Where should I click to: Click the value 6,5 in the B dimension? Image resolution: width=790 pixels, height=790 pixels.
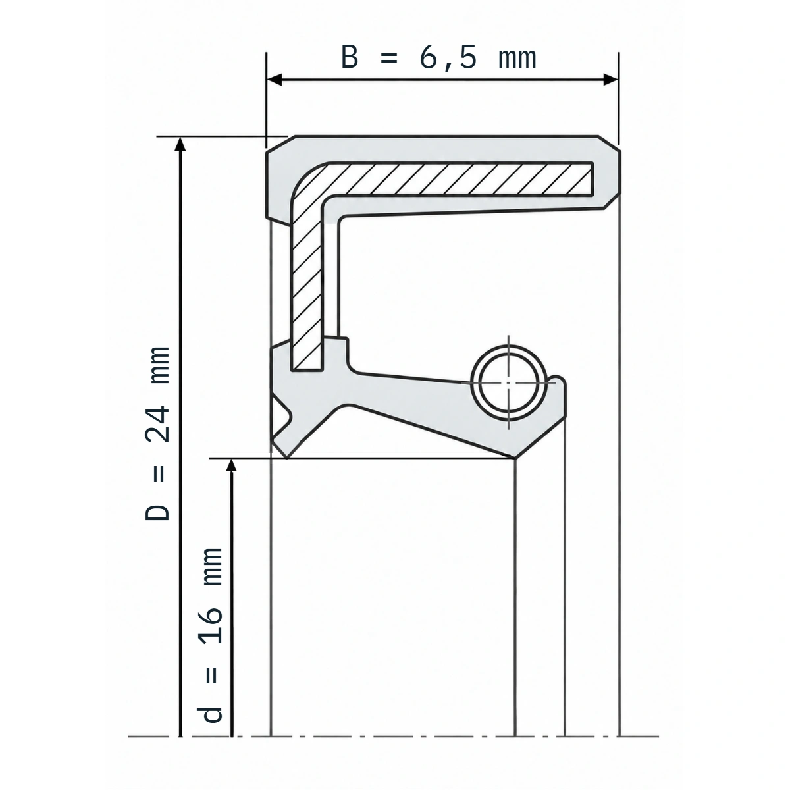448,59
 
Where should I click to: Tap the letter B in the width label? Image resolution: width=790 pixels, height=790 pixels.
350,57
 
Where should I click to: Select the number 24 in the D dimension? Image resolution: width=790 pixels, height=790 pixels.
157,425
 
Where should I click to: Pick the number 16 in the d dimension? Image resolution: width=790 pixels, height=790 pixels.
211,625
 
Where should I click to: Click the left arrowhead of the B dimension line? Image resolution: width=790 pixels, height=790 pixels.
274,80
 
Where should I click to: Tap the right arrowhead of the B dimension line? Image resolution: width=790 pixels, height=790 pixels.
611,80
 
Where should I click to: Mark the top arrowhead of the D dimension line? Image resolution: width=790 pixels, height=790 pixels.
180,144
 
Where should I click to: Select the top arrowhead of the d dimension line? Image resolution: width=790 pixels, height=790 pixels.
232,465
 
